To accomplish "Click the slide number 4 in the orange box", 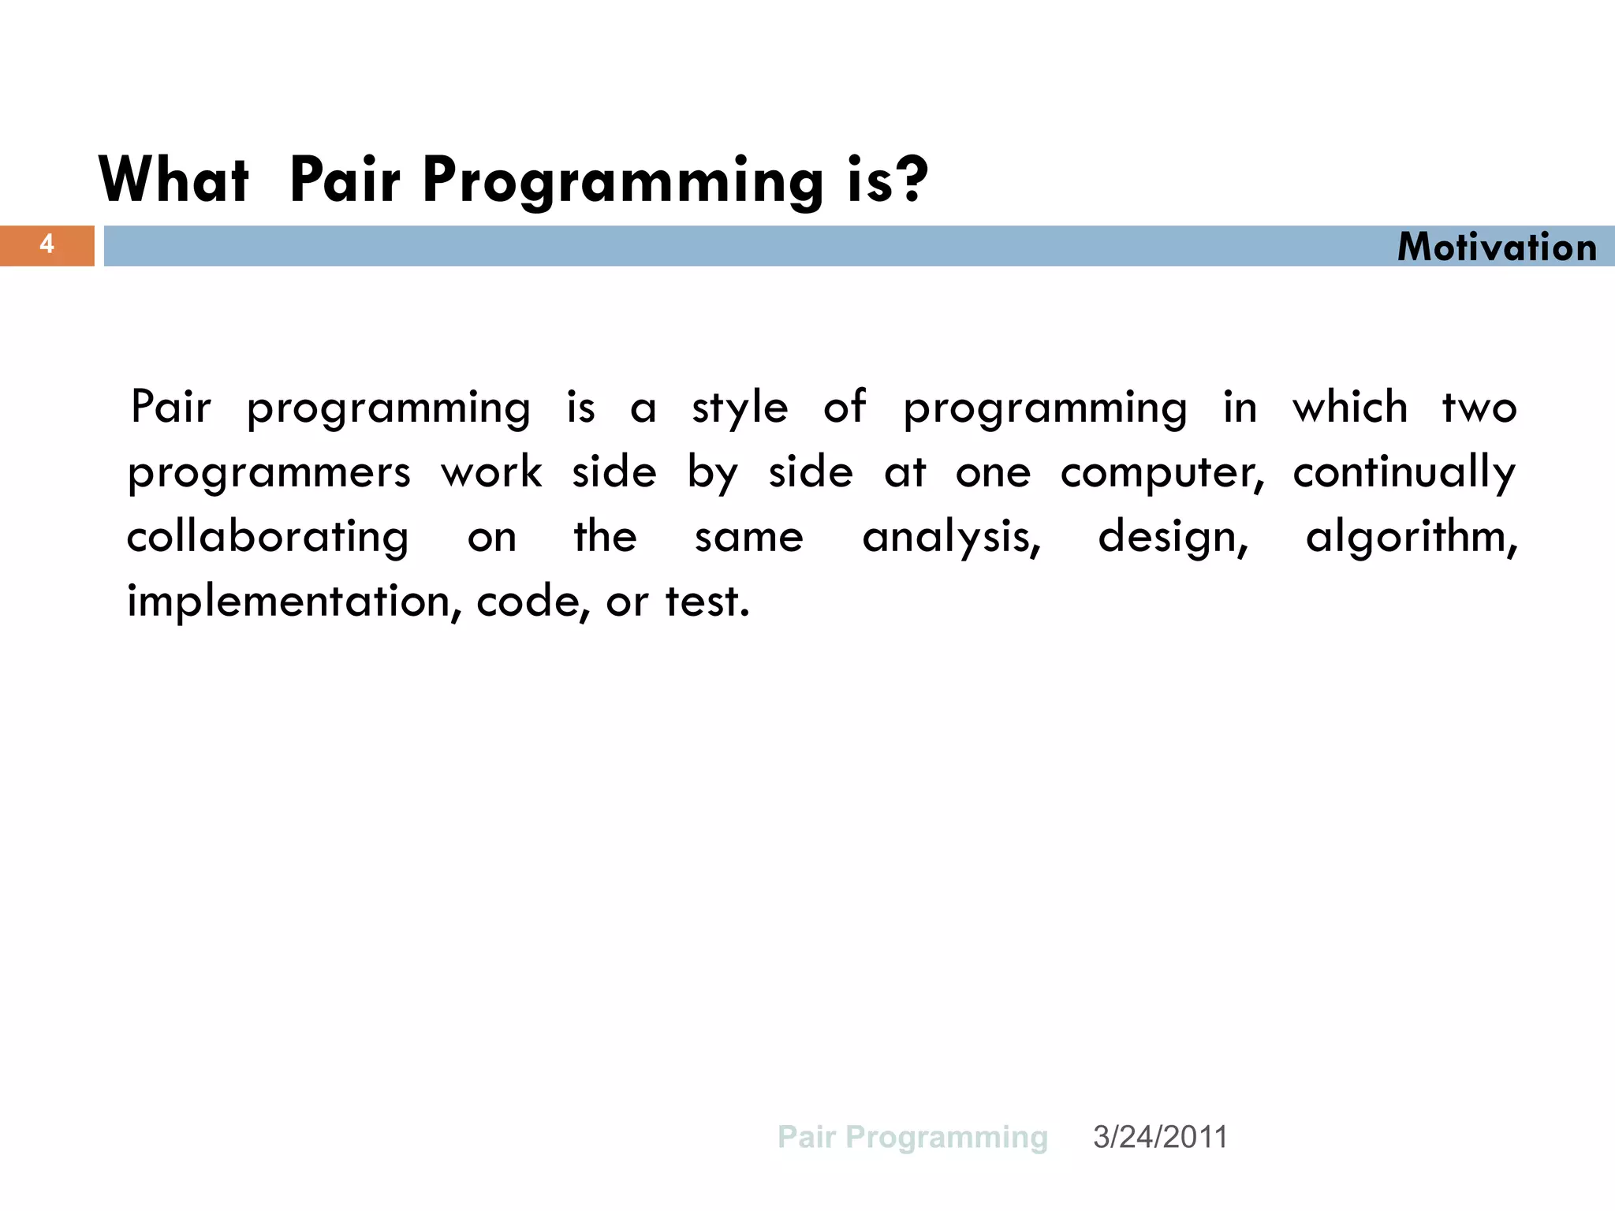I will click(x=47, y=244).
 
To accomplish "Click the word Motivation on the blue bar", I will click(x=1497, y=247).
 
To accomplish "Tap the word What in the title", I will click(x=174, y=180).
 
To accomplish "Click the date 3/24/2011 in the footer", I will click(x=1159, y=1137).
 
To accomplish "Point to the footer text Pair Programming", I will click(x=912, y=1137).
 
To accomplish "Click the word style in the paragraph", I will click(x=740, y=409).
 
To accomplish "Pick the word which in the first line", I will click(x=1349, y=408).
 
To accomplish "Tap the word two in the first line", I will click(x=1479, y=409).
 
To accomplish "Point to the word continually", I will click(x=1404, y=473).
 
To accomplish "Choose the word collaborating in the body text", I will click(x=267, y=538).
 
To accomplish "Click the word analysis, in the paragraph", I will click(x=952, y=538).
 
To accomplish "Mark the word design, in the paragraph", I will click(x=1173, y=538).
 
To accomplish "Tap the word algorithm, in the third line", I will click(x=1412, y=538).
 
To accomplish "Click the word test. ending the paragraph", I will click(x=707, y=602).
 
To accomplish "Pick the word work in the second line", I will click(x=491, y=473).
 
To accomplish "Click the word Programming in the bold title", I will click(x=623, y=180).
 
